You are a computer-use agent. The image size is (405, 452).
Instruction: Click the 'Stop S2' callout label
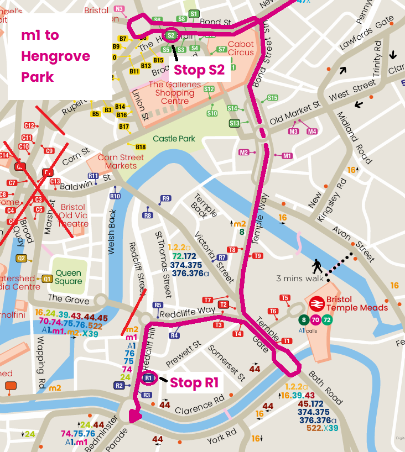click(200, 70)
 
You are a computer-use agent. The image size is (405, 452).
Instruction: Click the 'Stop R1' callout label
click(194, 382)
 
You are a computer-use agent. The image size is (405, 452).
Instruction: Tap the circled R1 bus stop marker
click(148, 378)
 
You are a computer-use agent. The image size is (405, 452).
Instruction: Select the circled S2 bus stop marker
click(171, 35)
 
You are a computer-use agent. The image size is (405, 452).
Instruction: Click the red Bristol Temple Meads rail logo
click(317, 303)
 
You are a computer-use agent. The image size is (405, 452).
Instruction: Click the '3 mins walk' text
click(297, 278)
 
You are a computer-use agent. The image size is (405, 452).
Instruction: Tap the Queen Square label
click(69, 277)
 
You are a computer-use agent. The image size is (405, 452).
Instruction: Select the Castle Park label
click(174, 139)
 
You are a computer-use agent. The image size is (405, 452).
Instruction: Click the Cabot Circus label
click(241, 49)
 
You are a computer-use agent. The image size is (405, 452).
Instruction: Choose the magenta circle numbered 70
click(315, 320)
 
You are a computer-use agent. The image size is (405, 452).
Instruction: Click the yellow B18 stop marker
click(141, 147)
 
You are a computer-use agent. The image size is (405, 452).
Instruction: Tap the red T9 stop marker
click(257, 256)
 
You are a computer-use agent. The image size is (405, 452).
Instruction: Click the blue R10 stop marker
click(115, 196)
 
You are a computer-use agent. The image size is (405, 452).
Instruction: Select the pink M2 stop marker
click(244, 152)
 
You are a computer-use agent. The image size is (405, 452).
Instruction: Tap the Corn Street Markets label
click(117, 161)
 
